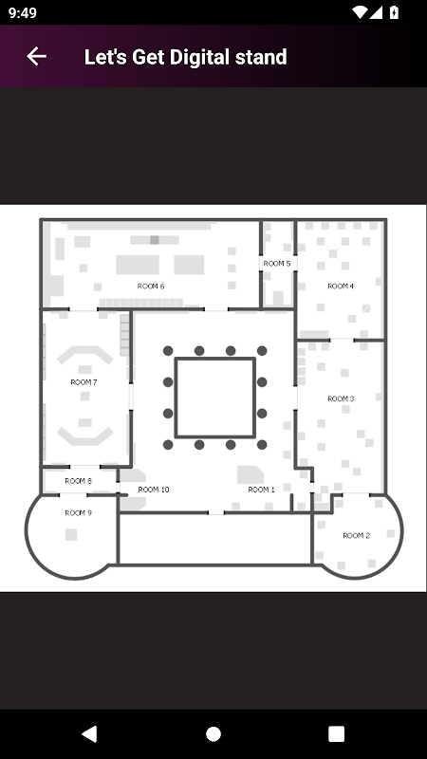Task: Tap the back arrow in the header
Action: click(x=36, y=57)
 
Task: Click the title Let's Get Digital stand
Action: click(x=185, y=57)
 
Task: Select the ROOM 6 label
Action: click(x=151, y=287)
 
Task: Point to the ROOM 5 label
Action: click(x=277, y=264)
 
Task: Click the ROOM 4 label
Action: click(x=341, y=287)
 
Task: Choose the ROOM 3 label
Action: click(x=341, y=398)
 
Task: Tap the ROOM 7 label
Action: click(x=84, y=382)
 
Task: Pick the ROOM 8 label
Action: click(x=78, y=481)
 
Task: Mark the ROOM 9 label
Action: click(x=78, y=513)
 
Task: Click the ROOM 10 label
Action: click(x=154, y=490)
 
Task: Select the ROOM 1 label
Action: click(x=262, y=490)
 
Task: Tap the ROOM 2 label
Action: click(x=357, y=536)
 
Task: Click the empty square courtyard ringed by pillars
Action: click(x=215, y=398)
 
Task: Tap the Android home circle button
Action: click(x=213, y=733)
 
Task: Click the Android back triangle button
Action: click(x=89, y=733)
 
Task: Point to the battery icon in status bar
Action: click(x=394, y=12)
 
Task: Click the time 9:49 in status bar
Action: click(x=22, y=12)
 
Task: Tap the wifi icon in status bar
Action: click(x=360, y=12)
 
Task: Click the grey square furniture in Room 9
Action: click(x=71, y=535)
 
